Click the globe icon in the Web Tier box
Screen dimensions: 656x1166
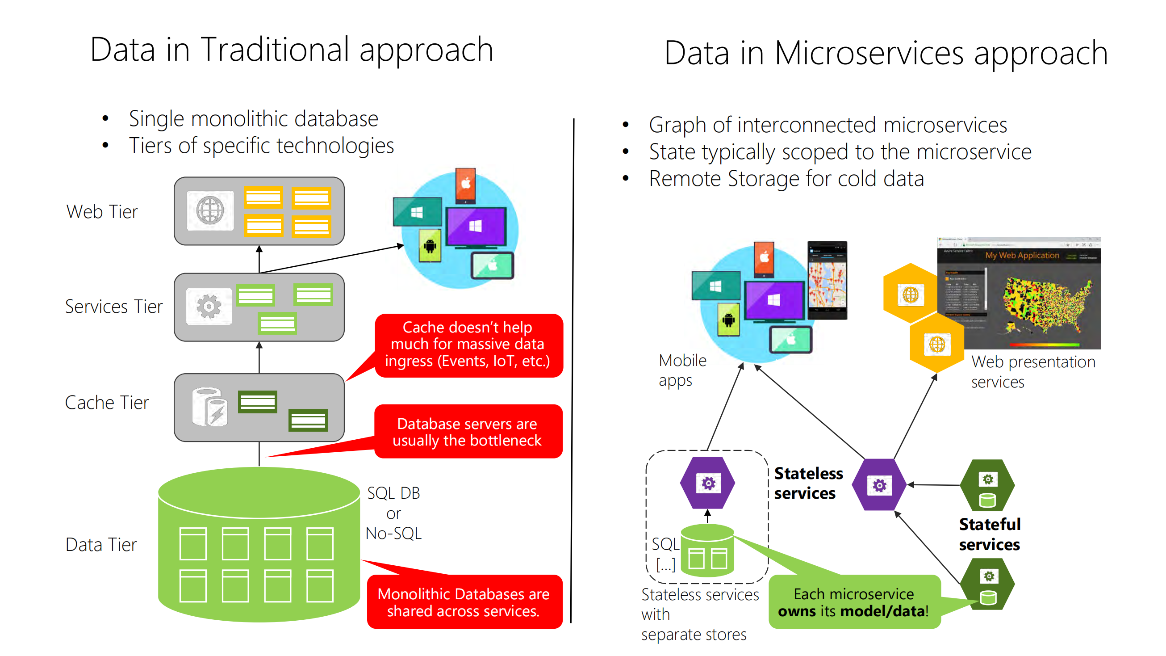coord(210,210)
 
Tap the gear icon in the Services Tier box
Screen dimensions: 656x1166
coord(209,307)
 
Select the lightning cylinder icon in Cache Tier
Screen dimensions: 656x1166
coord(210,407)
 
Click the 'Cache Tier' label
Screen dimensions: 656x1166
coord(107,402)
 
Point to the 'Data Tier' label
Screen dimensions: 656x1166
coord(101,544)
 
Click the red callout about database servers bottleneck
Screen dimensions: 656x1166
coord(467,432)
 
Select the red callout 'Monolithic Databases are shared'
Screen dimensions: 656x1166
coord(464,602)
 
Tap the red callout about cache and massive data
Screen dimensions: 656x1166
coord(468,344)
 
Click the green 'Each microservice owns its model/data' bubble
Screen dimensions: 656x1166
coord(854,602)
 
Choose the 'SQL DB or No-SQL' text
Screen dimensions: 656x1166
coord(393,513)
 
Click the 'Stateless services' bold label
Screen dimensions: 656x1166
coord(807,483)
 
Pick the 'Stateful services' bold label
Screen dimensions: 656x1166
coord(990,534)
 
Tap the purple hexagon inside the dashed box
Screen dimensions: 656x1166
coord(707,483)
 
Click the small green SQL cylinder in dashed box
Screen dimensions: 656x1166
coord(707,551)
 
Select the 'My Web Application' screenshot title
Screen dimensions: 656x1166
coord(1022,255)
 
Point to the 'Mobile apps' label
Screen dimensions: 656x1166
coord(681,370)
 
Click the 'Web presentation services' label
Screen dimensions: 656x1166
coord(1032,371)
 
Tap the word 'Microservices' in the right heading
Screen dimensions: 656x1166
coord(869,54)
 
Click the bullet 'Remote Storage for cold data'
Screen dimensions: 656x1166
coord(786,178)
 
